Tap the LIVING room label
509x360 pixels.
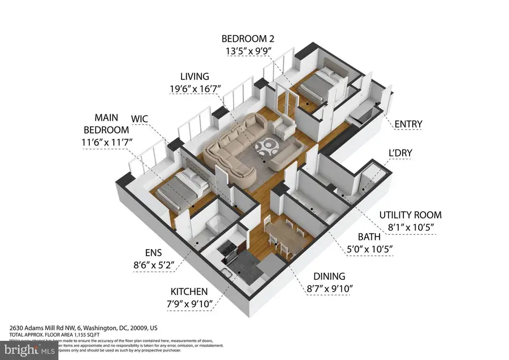click(195, 76)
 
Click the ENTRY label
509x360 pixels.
click(408, 124)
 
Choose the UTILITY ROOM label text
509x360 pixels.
click(411, 215)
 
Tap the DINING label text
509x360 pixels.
click(329, 276)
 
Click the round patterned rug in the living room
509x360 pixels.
click(266, 151)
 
